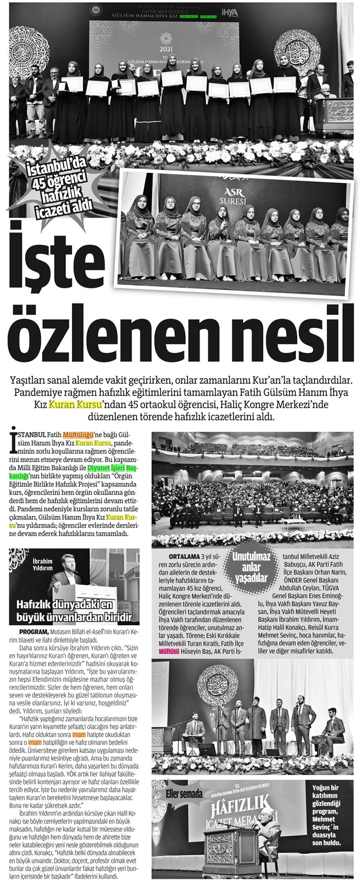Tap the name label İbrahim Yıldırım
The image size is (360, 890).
[42, 564]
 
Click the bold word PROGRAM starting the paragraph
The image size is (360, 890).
[34, 632]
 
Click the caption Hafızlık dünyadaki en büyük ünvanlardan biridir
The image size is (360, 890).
[75, 609]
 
